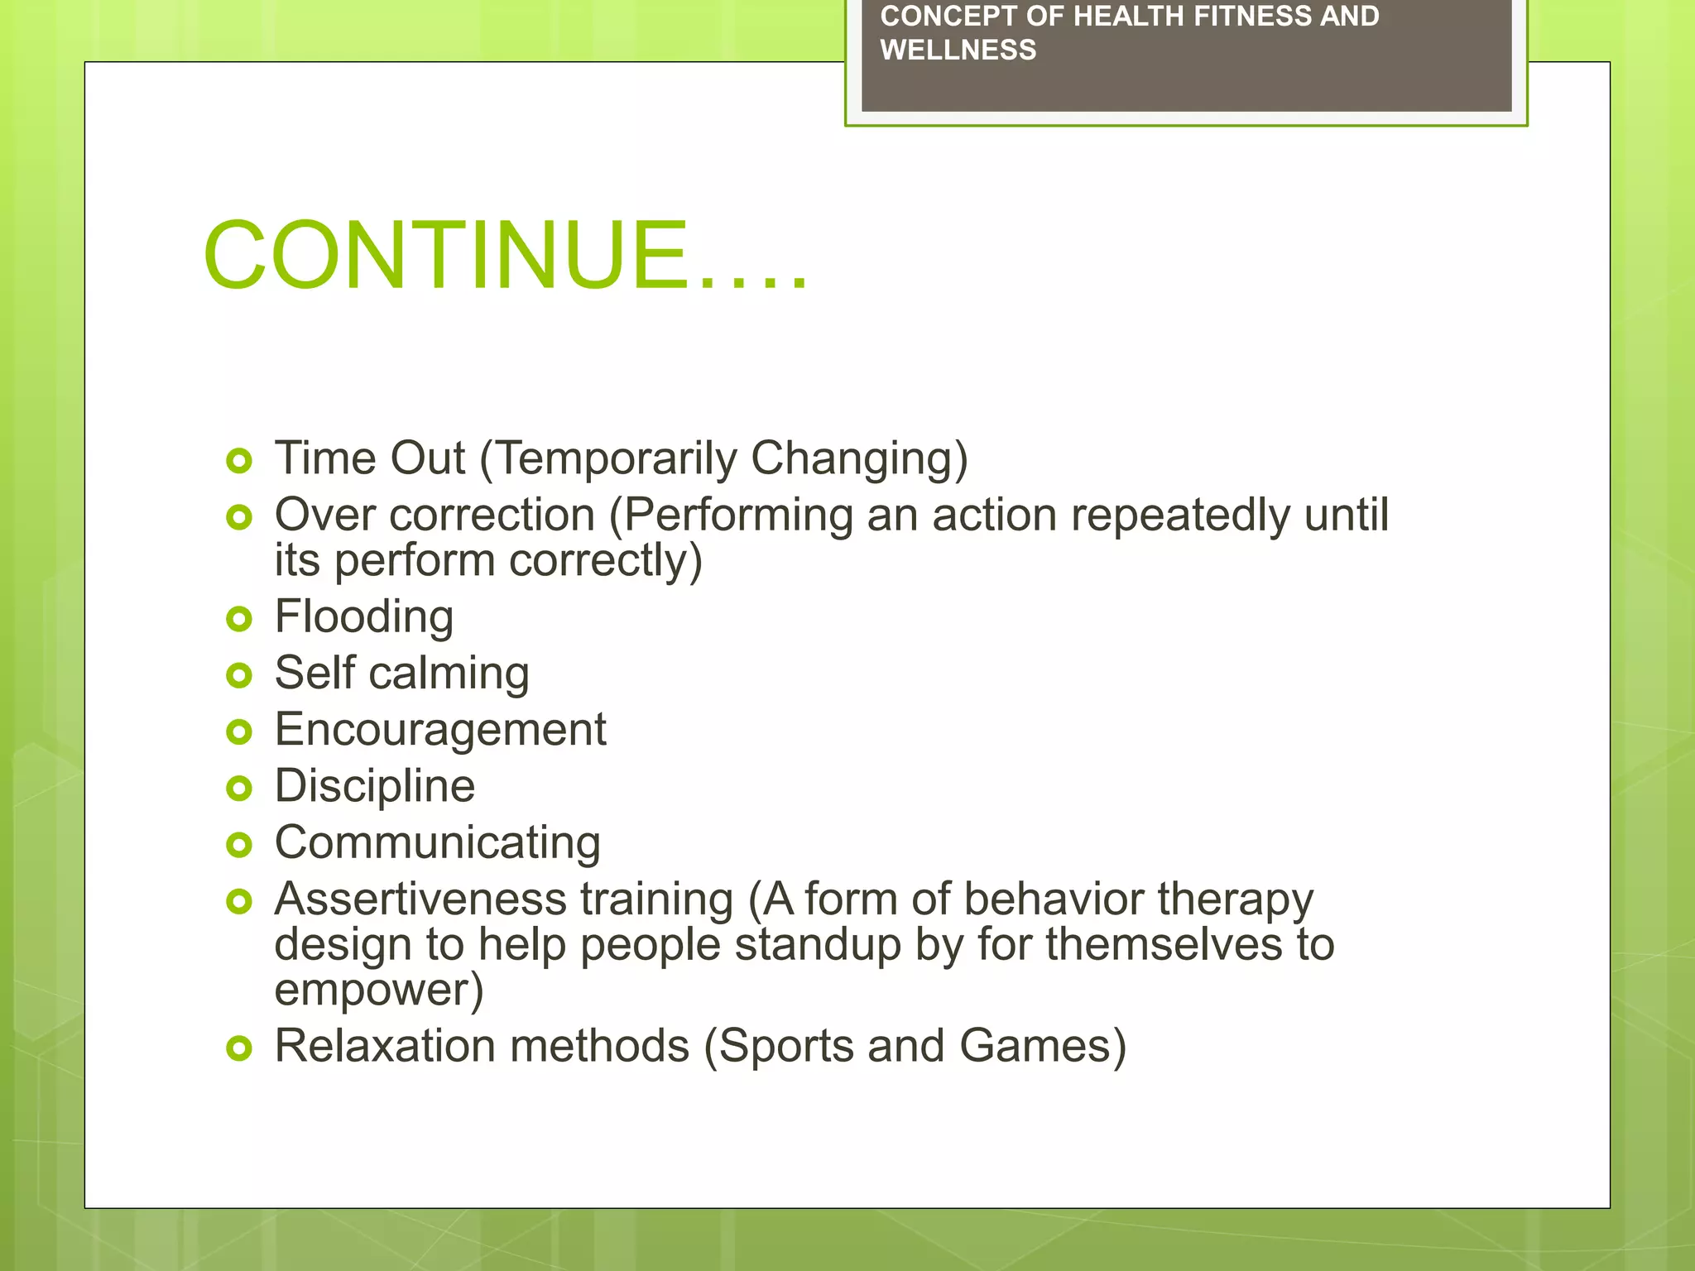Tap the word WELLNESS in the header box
click(x=958, y=50)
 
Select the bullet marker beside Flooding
click(x=238, y=618)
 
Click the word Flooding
click(x=363, y=616)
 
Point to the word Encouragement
click(x=440, y=730)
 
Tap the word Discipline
click(x=374, y=786)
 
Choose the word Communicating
click(x=437, y=842)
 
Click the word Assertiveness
click(x=420, y=899)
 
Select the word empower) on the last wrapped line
click(x=378, y=990)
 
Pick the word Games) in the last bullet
click(x=1043, y=1046)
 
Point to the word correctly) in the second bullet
click(x=605, y=560)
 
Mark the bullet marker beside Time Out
click(x=238, y=461)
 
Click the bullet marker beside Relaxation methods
click(x=238, y=1048)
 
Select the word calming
click(x=449, y=674)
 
